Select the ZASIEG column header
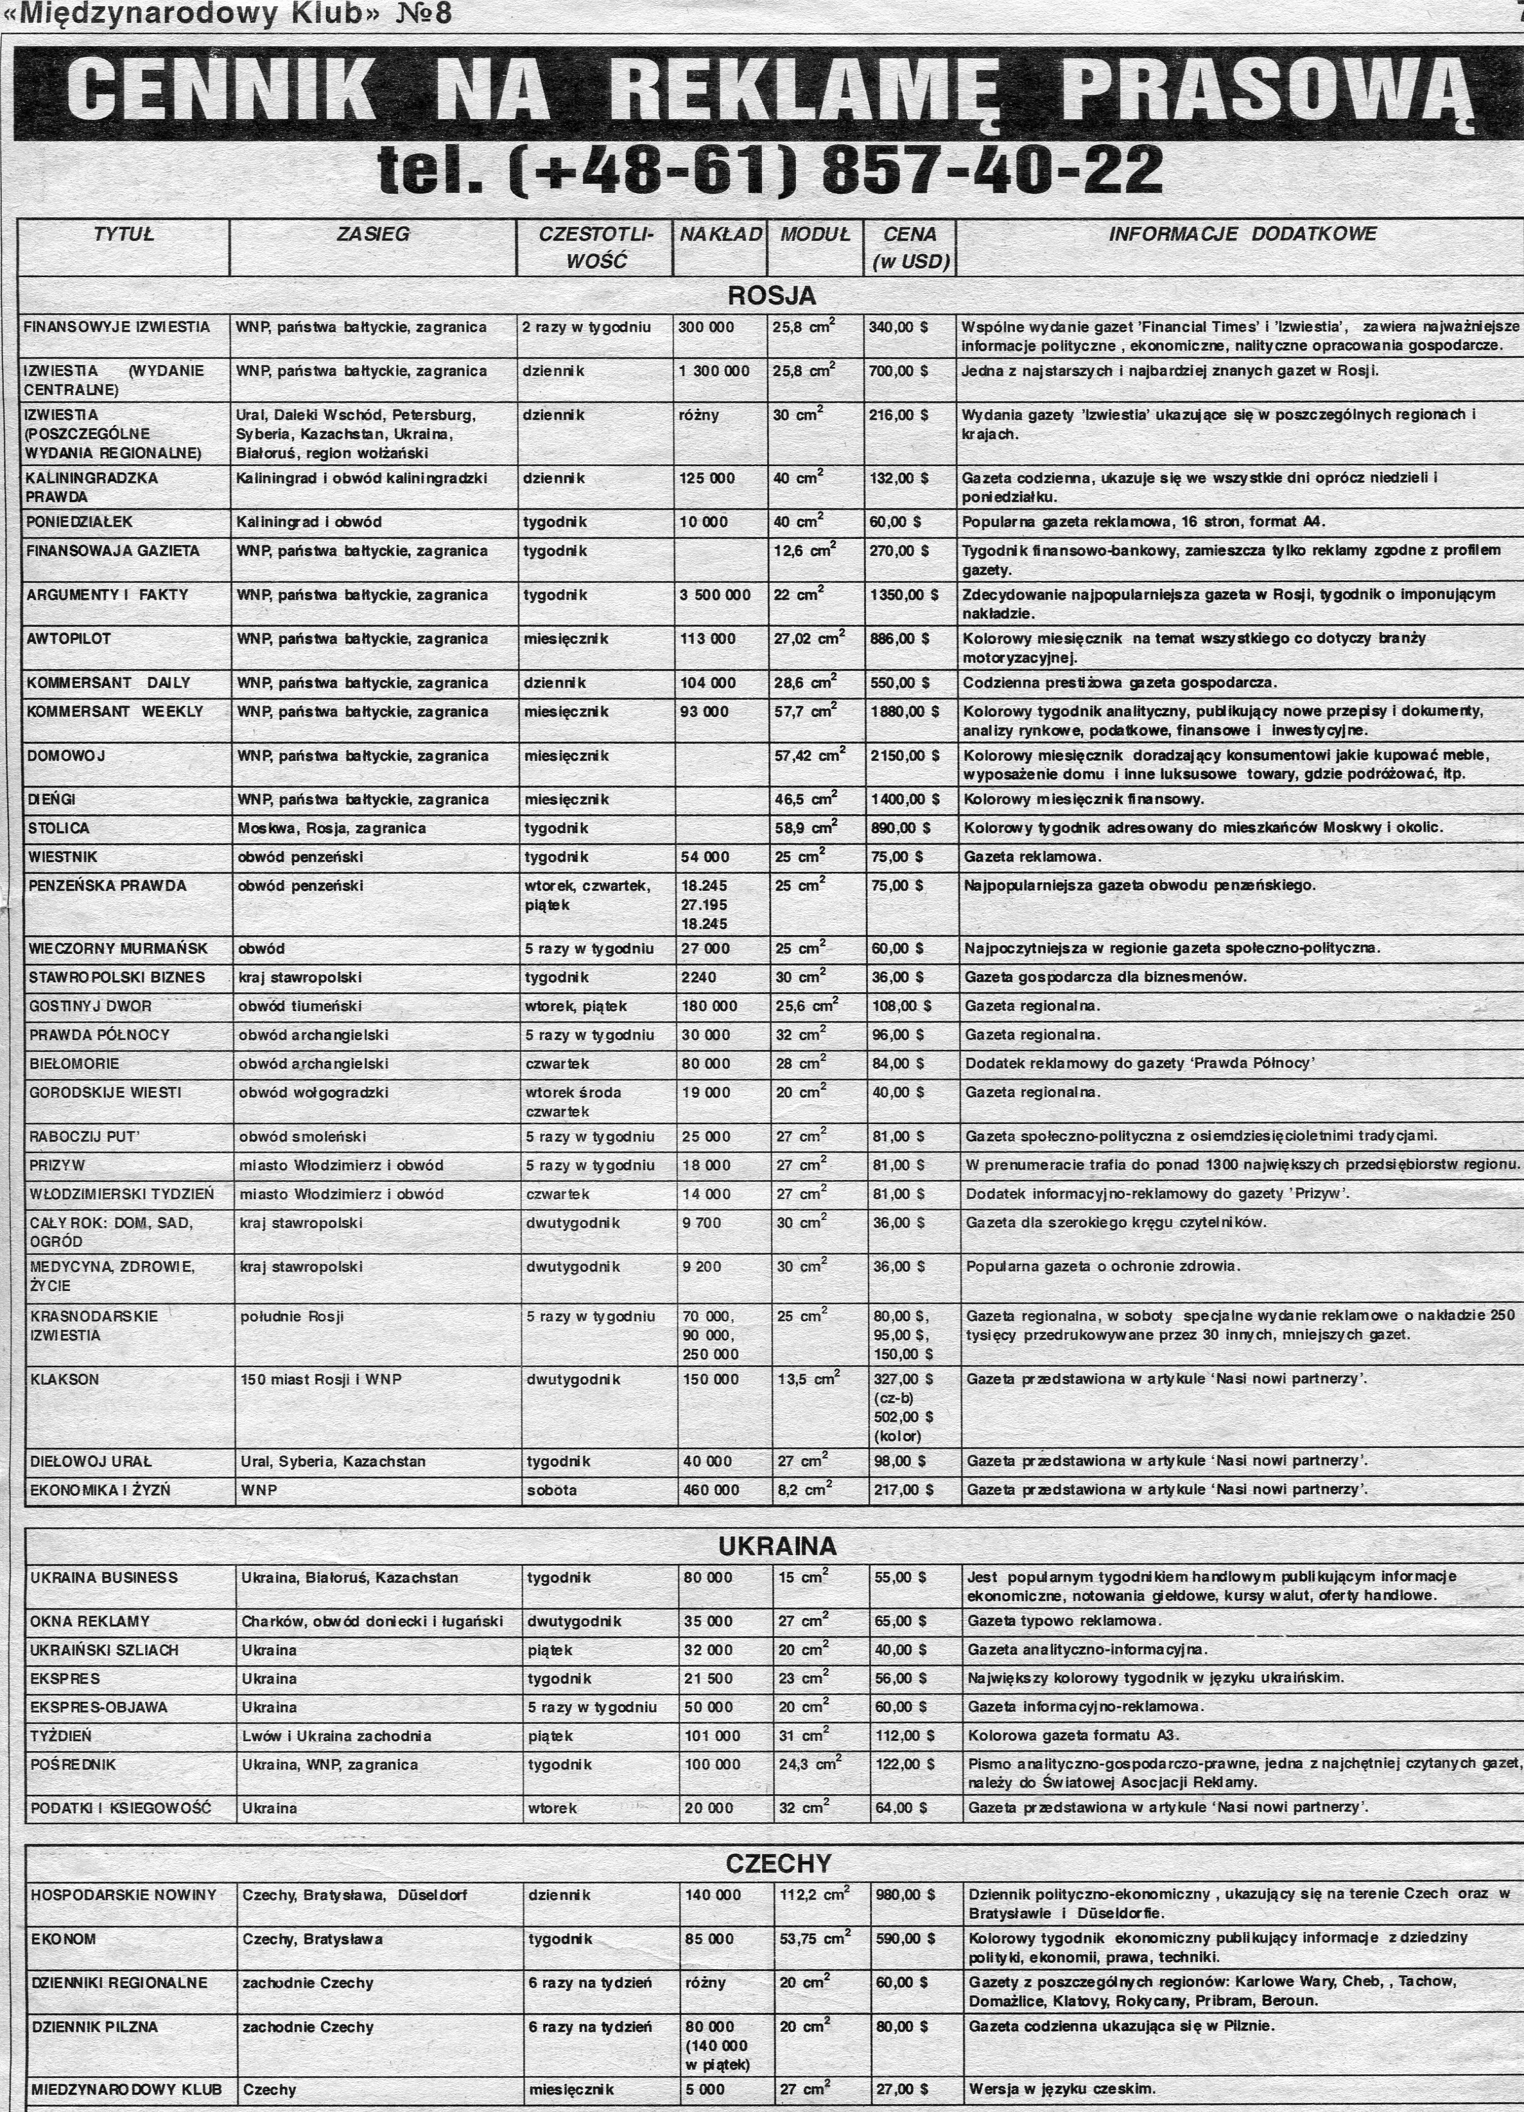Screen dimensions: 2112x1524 [372, 235]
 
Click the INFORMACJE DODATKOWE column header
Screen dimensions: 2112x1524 [1241, 235]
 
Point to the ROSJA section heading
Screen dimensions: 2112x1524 [771, 296]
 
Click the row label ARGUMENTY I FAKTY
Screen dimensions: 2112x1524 [107, 595]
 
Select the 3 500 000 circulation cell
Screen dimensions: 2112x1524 [715, 595]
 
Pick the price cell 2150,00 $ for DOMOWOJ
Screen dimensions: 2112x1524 [905, 755]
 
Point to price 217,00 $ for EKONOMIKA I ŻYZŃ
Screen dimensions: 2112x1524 [902, 1490]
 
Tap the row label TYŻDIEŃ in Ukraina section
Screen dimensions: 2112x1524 [61, 1736]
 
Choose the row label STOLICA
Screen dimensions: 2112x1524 [60, 828]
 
